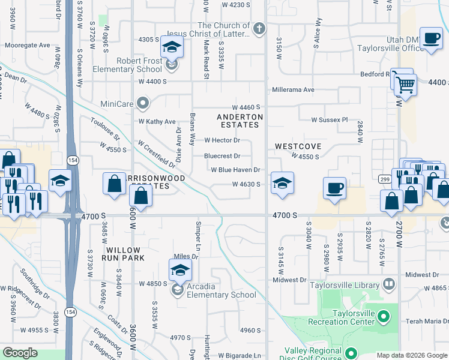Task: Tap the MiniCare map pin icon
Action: click(x=143, y=105)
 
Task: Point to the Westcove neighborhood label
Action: click(x=298, y=146)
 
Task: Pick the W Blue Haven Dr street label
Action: click(x=235, y=170)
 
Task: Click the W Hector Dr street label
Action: click(x=222, y=140)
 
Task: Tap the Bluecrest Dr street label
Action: click(x=222, y=156)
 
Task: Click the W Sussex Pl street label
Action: click(x=330, y=120)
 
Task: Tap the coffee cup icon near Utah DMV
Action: click(x=430, y=39)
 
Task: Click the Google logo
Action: click(x=20, y=353)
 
